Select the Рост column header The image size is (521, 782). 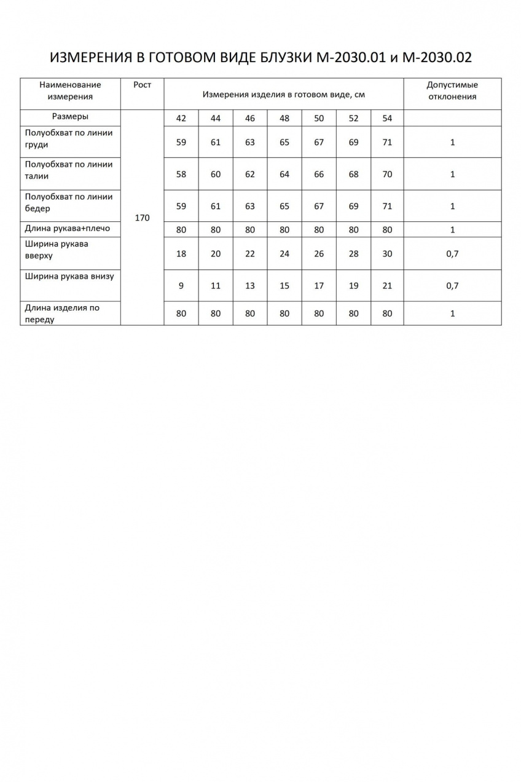coord(142,85)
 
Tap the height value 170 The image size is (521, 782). coord(142,218)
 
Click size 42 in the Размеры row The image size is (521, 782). coord(181,119)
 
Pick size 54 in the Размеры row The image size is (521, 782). coord(387,119)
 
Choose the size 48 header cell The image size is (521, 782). coord(284,119)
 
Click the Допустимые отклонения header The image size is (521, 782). coord(452,90)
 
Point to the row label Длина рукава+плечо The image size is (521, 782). coord(68,229)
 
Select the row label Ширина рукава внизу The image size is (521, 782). coord(69,276)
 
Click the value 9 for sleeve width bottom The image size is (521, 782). coord(181,285)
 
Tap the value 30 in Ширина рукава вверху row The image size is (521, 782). coord(387,253)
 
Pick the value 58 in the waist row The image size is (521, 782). coord(181,174)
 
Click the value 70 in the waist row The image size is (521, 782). coord(387,174)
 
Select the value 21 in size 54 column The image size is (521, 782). coord(387,285)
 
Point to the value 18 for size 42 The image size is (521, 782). coord(181,253)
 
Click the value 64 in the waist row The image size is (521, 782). coord(284,174)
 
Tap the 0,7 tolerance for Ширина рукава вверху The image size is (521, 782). coord(452,253)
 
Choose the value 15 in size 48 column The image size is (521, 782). coord(284,285)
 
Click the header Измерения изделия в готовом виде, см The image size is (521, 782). coord(284,95)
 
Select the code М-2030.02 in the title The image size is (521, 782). coord(437,58)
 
